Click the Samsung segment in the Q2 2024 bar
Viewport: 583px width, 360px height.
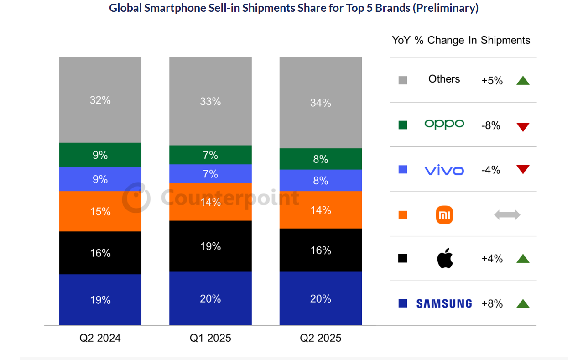(100, 299)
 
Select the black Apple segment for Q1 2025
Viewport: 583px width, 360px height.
(210, 246)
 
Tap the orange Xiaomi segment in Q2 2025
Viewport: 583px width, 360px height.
(320, 210)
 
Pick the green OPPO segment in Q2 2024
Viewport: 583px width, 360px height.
(100, 155)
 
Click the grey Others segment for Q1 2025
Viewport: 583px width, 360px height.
(210, 101)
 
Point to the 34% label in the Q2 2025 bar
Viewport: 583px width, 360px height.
(320, 103)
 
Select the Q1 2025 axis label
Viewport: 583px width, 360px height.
(210, 338)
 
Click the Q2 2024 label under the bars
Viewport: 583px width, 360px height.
(100, 338)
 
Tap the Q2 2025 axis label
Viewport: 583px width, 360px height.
(320, 338)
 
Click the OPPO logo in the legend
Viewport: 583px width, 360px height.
(444, 124)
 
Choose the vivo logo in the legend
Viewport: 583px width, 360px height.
(444, 171)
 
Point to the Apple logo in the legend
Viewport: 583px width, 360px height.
(445, 259)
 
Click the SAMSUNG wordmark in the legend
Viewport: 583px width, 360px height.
(444, 303)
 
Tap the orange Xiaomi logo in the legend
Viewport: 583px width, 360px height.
(444, 214)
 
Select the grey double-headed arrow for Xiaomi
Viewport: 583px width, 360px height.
(507, 215)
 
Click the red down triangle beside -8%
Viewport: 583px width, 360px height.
(523, 127)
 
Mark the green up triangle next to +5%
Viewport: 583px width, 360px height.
(523, 81)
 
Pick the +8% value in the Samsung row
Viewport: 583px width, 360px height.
(492, 303)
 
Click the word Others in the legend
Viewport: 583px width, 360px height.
(444, 79)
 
